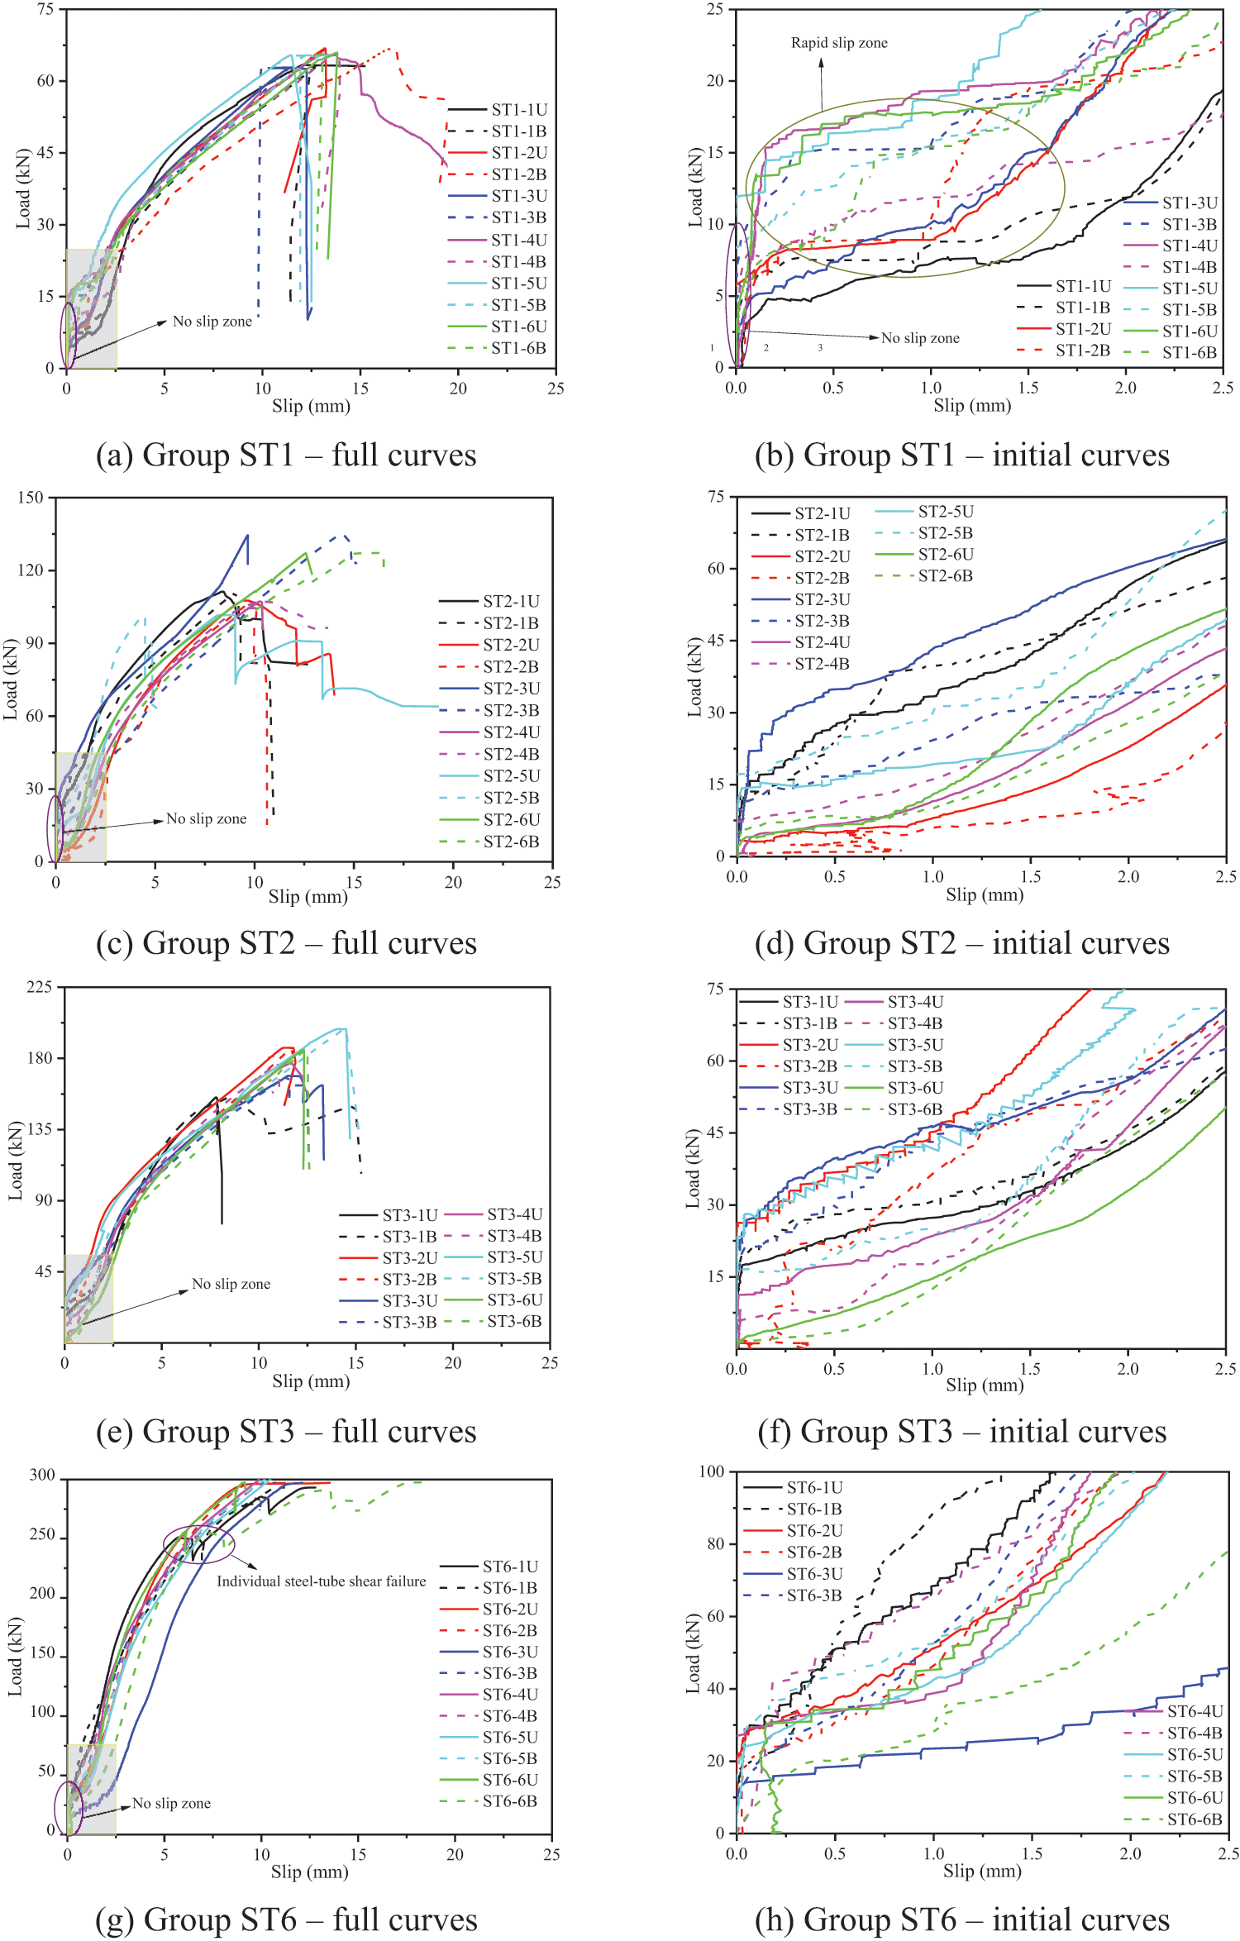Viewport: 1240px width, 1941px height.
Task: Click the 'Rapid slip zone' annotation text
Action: (839, 43)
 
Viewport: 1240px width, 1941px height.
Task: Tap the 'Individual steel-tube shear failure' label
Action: (321, 1581)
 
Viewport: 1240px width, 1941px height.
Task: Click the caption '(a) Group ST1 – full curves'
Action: (286, 455)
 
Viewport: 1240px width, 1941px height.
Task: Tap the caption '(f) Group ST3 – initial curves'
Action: (961, 1431)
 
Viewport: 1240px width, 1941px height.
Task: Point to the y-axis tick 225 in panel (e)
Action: (39, 986)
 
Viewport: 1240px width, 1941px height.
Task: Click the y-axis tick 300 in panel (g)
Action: (42, 1475)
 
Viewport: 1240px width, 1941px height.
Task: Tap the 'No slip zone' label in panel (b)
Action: (919, 337)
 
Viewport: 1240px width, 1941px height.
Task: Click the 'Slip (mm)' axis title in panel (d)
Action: (984, 894)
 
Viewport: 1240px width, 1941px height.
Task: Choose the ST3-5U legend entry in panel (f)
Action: (915, 1045)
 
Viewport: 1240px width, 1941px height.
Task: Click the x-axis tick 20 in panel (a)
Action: (458, 389)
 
